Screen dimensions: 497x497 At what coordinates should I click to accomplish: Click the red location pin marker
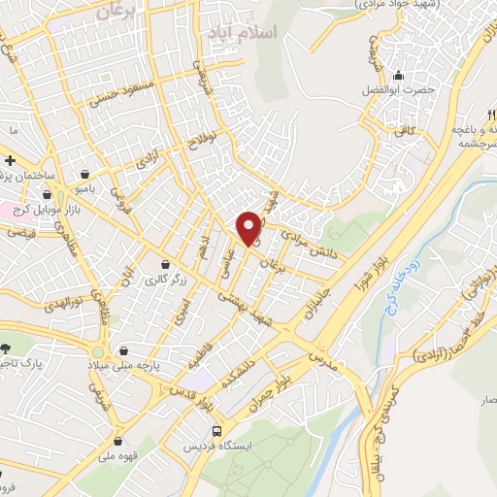coord(249,227)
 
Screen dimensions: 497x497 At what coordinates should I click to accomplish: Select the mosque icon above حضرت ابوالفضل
coord(396,76)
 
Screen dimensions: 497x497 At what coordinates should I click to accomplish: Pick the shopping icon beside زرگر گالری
coord(165,265)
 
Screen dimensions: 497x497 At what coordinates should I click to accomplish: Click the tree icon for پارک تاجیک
coord(6,348)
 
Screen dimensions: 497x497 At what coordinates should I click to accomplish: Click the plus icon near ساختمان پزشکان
coord(10,160)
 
